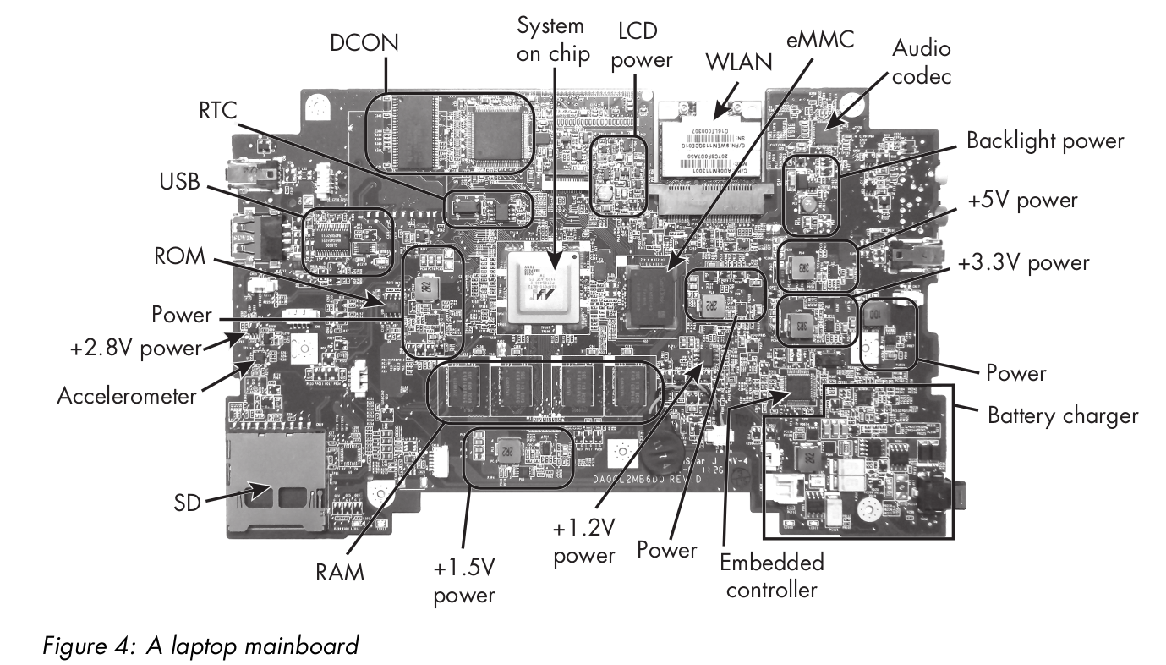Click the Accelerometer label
click(x=127, y=394)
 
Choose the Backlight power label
click(x=1045, y=140)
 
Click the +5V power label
click(x=1025, y=201)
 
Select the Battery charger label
click(x=1063, y=415)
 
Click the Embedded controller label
click(x=769, y=576)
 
